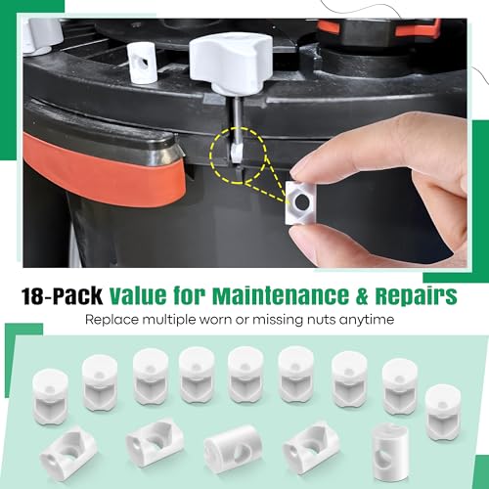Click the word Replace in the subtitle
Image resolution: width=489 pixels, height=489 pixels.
pyautogui.click(x=112, y=319)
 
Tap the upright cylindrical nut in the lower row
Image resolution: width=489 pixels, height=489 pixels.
pyautogui.click(x=391, y=446)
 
